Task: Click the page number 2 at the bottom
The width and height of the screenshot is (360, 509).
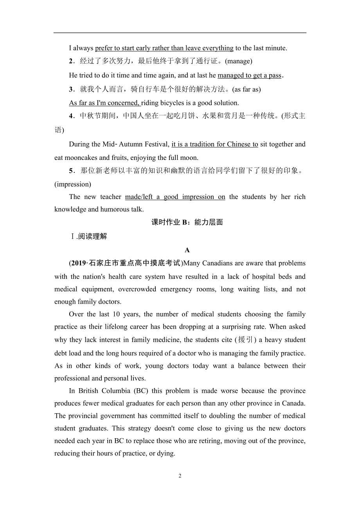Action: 180,476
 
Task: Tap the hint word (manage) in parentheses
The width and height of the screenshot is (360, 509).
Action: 239,61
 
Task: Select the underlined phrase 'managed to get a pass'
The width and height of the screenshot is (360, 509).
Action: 249,75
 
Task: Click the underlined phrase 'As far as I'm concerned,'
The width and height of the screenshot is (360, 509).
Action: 104,103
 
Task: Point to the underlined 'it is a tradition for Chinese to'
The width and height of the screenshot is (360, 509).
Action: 215,144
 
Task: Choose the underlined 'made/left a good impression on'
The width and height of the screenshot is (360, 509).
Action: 175,197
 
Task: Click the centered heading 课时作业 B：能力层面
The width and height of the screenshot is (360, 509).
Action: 187,222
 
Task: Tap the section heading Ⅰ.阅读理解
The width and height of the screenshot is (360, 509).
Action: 88,236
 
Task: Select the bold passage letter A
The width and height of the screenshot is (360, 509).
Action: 187,250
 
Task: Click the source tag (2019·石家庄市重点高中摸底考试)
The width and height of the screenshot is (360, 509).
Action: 126,263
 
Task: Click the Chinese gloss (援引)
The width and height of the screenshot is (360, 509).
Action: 245,340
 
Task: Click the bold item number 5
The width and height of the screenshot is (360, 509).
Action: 71,171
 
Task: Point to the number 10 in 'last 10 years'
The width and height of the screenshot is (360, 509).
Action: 116,314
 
